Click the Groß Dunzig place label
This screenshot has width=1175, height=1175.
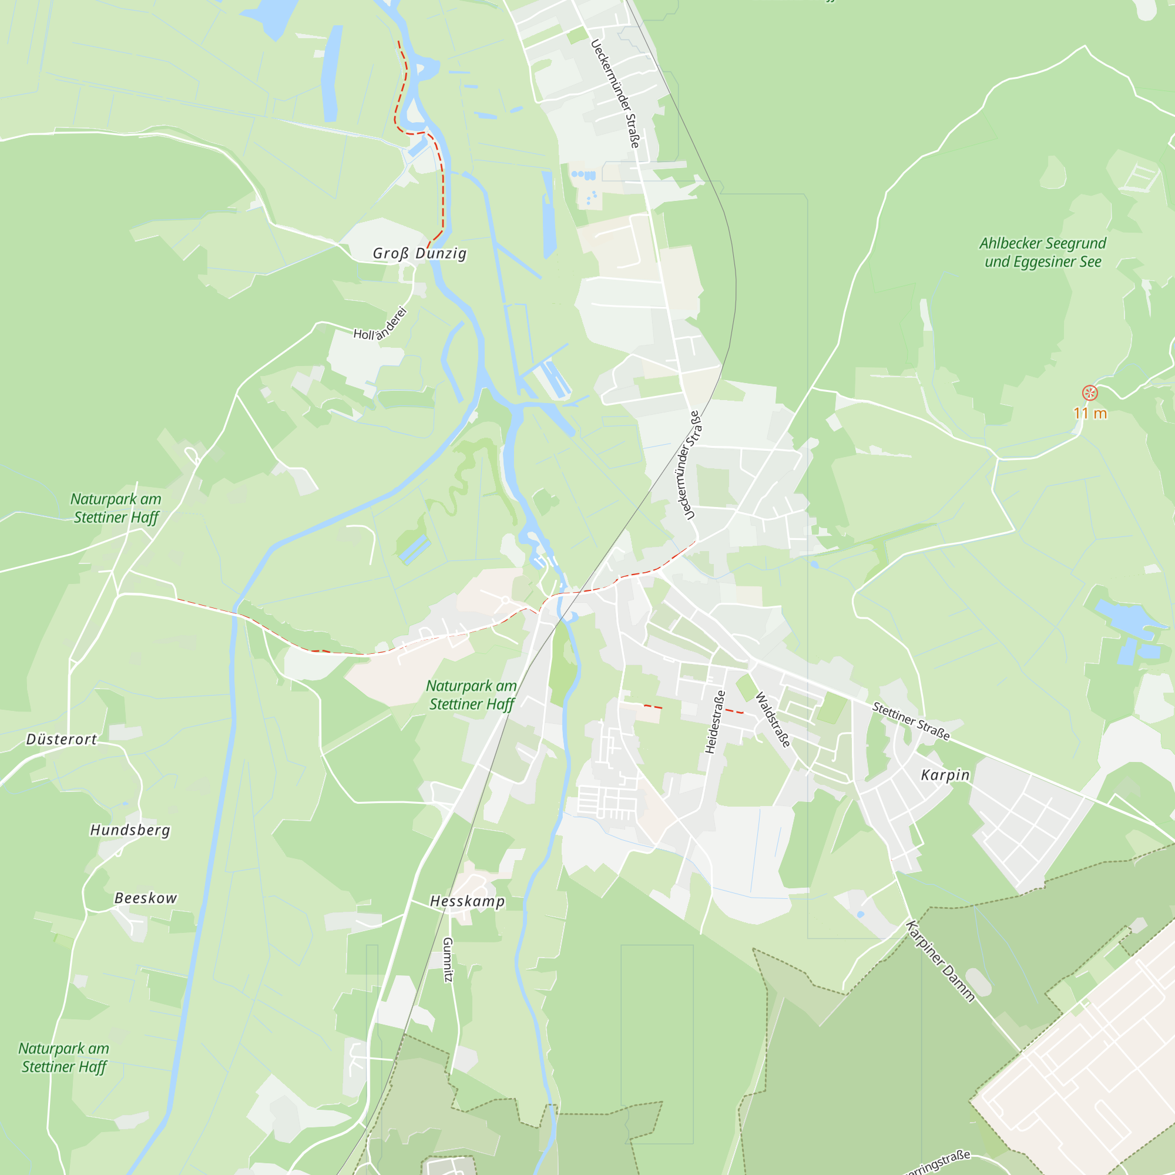tap(419, 253)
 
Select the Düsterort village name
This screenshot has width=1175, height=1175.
tap(62, 739)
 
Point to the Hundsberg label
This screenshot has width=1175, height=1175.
tap(130, 830)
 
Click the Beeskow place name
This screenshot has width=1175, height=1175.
tap(146, 898)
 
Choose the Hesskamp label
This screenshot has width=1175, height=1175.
tap(467, 901)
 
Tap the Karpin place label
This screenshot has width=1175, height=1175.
tap(945, 775)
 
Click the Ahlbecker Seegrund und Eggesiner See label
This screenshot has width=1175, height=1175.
tap(1042, 253)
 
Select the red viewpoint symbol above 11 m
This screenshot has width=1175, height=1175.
tap(1090, 393)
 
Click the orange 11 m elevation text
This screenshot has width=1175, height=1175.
tap(1090, 414)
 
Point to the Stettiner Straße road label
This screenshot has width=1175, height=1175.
tap(911, 721)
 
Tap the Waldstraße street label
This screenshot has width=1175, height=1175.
tap(773, 720)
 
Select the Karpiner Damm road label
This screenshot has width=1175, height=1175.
tap(940, 961)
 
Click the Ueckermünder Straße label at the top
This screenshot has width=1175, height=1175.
tap(615, 93)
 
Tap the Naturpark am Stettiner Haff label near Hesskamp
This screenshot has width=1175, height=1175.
tap(471, 694)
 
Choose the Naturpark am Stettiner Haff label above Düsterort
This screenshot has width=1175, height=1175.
tap(116, 508)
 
